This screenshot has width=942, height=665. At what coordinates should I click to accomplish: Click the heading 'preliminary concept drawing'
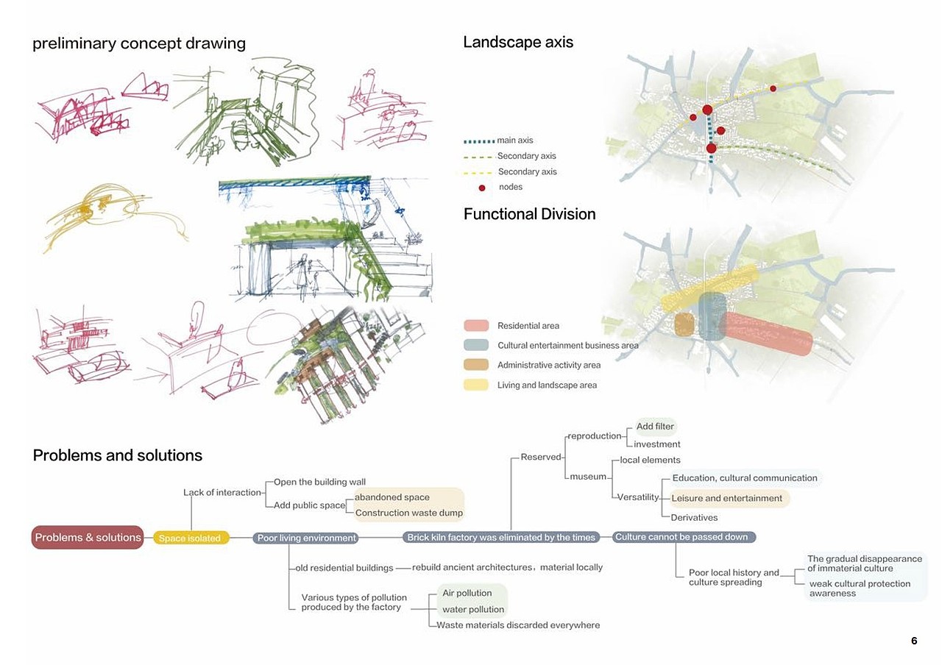coord(138,43)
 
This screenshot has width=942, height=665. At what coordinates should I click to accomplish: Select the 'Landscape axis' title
coord(517,42)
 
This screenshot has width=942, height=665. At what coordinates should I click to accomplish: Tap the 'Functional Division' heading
coord(529,214)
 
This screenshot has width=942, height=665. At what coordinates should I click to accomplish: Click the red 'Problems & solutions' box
coord(88,537)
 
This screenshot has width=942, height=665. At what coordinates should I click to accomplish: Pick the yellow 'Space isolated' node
coord(190,538)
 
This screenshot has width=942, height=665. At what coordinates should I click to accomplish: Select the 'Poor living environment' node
coord(306,538)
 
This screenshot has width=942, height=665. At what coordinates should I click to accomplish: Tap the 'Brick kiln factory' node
coord(501,538)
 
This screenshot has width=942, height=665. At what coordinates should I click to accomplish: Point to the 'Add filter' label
coord(655,427)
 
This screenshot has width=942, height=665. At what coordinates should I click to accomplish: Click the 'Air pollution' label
coord(467,593)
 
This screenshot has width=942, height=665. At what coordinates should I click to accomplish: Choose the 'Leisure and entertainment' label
coord(726,498)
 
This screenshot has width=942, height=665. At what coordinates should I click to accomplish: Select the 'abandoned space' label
coord(392,497)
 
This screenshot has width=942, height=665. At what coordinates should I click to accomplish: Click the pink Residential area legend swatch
coord(476,326)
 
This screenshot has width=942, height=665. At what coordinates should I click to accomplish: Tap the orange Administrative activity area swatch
coord(476,365)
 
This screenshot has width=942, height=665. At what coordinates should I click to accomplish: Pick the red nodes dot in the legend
coord(482,188)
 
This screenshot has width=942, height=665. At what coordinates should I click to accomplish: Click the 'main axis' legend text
coord(515,141)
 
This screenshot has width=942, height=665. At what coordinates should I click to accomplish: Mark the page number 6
coord(914,641)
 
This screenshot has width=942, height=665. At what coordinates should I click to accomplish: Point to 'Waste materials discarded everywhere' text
coord(518,625)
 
